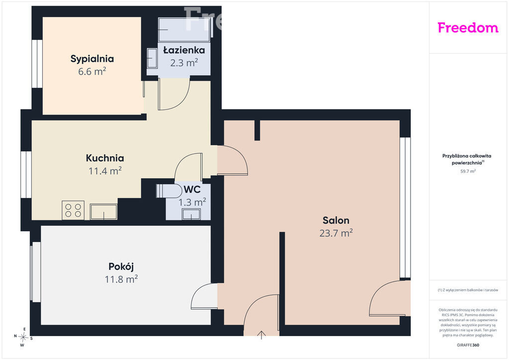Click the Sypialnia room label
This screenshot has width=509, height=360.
click(92, 59)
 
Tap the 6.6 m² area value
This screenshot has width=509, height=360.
click(92, 72)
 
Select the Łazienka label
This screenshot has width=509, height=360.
click(184, 50)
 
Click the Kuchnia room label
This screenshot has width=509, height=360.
click(105, 158)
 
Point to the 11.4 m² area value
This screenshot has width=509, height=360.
click(105, 171)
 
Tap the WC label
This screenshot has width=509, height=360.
click(192, 189)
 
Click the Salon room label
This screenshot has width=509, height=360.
click(336, 220)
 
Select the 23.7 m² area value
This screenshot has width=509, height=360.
click(336, 233)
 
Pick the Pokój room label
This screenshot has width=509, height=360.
click(121, 267)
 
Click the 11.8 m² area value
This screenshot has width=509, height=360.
click(121, 279)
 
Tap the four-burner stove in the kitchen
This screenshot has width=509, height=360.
click(73, 210)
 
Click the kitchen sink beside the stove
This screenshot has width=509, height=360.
click(103, 212)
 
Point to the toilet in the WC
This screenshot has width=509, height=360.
click(169, 191)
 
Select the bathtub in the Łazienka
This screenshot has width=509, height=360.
click(184, 29)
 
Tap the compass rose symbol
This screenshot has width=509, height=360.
click(23, 337)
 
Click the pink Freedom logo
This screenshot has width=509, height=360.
click(468, 28)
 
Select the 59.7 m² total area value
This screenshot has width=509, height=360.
click(468, 172)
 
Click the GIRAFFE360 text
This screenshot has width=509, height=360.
click(468, 345)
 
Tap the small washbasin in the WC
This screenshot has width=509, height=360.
click(191, 214)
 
